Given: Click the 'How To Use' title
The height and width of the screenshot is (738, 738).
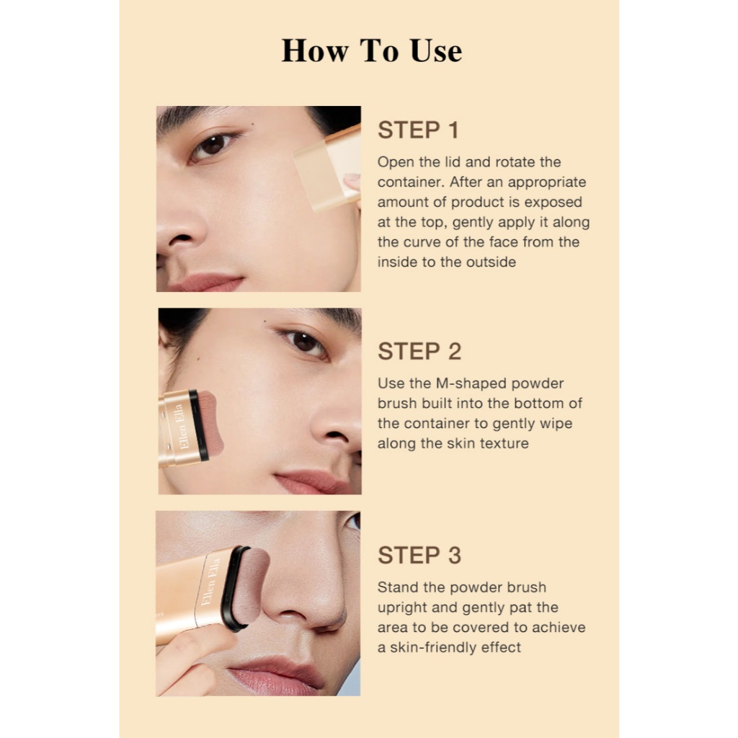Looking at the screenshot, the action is point(372,50).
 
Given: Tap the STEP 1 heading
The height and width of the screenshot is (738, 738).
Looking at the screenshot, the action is point(418,130).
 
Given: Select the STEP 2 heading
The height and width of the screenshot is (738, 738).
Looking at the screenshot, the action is point(419,352).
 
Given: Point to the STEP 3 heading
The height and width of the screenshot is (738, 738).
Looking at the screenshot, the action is point(419,556).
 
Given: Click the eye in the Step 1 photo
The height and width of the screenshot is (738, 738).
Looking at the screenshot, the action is point(213,145).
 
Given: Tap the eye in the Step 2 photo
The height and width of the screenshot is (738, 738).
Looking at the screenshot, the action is point(303,342).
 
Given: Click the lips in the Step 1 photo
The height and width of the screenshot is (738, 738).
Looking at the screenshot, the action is point(205,283).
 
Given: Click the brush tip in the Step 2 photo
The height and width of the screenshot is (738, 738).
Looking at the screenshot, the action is point(210,424).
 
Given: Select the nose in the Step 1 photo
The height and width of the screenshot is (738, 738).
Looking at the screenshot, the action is point(181,231).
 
